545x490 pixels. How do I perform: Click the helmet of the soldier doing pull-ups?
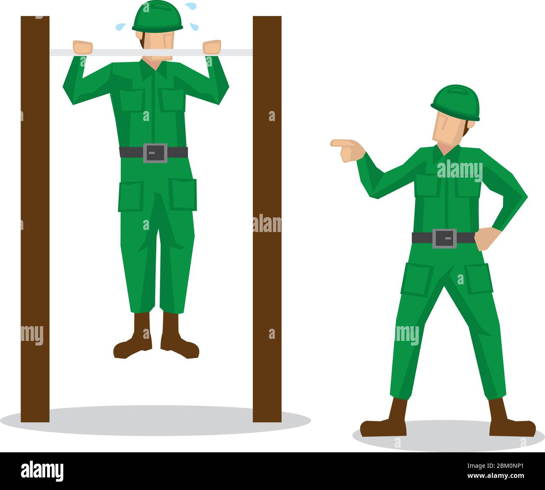tap(157, 17)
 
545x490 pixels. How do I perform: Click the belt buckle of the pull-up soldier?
tap(155, 152)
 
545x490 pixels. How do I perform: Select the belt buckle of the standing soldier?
tap(444, 238)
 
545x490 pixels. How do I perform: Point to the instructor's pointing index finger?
tap(338, 143)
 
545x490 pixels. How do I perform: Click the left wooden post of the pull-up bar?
tap(35, 218)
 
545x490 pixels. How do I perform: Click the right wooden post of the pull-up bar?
tap(267, 218)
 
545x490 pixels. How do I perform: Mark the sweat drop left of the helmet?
tap(120, 27)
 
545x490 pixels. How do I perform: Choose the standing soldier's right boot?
tap(509, 423)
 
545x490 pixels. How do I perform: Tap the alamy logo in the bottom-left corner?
tap(42, 471)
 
